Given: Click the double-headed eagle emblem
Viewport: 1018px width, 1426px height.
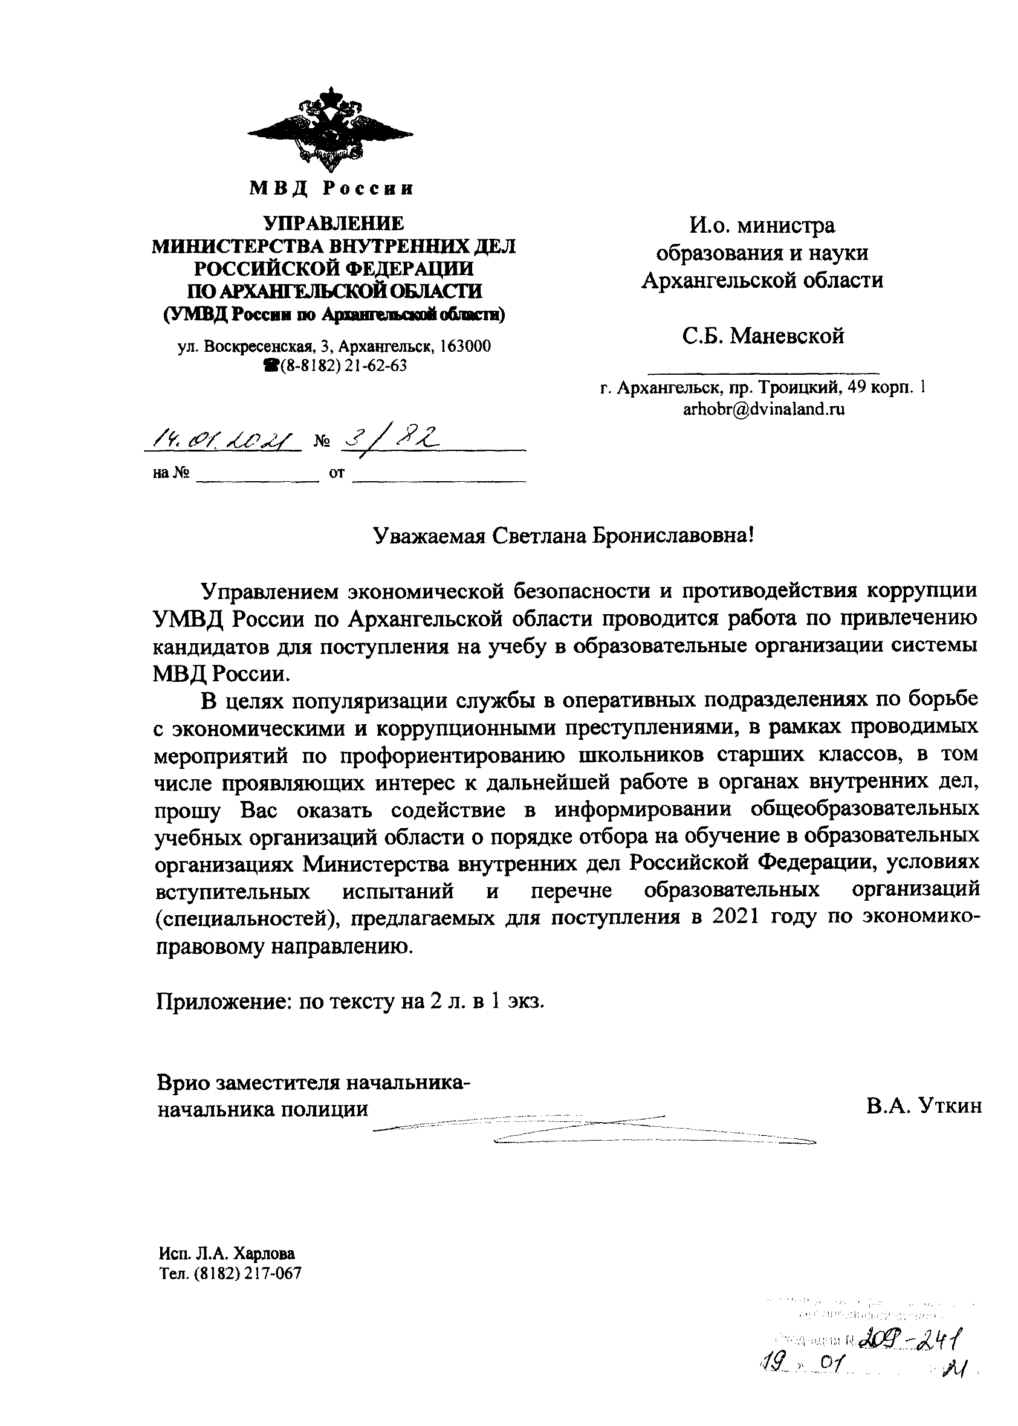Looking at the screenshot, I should click(330, 131).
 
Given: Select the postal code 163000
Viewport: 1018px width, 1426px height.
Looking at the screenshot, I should click(465, 346).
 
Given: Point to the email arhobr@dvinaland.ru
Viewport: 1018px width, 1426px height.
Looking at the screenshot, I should click(763, 409).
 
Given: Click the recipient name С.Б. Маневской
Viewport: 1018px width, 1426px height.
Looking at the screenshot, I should click(763, 336).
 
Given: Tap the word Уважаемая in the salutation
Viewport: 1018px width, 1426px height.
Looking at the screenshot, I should click(429, 536).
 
